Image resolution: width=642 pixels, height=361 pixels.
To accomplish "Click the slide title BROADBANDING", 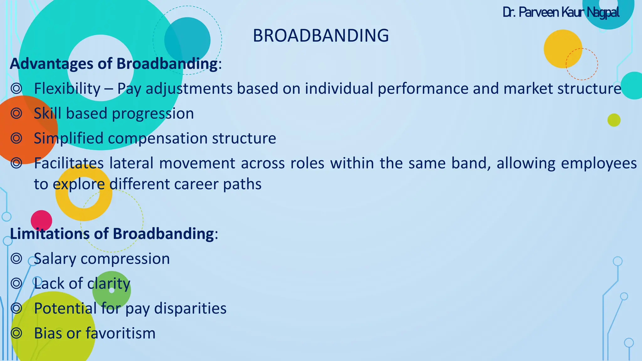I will pos(321,36).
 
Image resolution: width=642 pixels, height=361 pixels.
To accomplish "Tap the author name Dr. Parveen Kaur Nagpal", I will pos(561,13).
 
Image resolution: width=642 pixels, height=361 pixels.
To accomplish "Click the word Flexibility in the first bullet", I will pos(67,89).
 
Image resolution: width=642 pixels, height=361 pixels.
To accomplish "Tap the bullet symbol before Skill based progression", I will pos(16,113).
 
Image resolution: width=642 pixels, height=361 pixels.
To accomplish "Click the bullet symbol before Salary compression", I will pos(16,259).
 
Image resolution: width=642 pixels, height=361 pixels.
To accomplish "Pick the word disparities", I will pos(190,308).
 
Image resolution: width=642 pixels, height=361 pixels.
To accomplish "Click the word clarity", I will pos(108,284).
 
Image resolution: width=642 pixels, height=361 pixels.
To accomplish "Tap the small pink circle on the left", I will pos(41,221).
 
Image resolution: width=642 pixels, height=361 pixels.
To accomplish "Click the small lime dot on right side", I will pos(614,120).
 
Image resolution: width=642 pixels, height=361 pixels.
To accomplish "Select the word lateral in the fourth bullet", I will pos(131,163).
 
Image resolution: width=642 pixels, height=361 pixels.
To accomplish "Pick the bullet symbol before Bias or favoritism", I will pos(16,333).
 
